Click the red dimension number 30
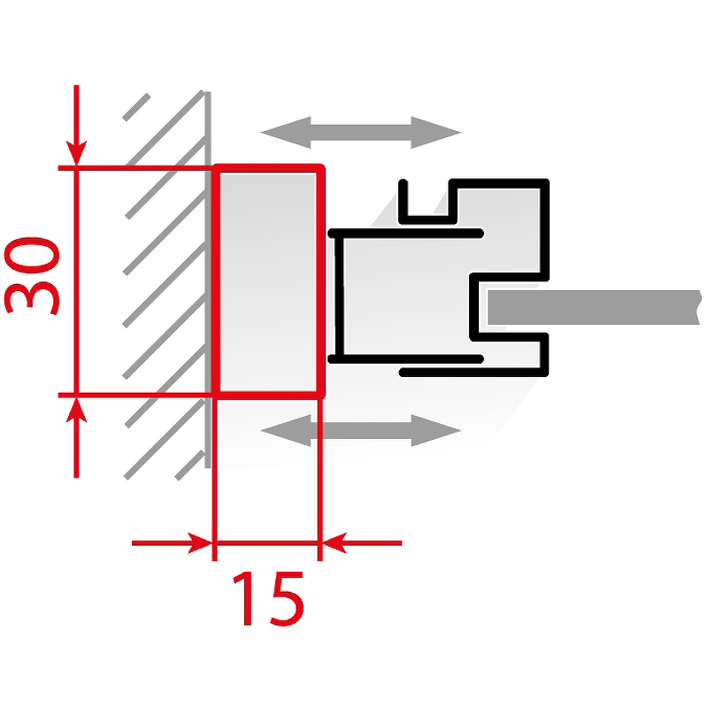click(x=32, y=276)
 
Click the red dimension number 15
click(x=268, y=598)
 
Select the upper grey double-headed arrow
click(x=361, y=132)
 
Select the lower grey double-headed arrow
click(x=361, y=430)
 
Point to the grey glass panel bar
click(x=594, y=307)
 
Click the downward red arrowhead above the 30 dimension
click(x=76, y=153)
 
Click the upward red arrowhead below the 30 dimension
click(x=76, y=409)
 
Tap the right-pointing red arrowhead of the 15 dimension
click(x=200, y=543)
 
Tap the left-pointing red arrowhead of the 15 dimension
click(x=335, y=543)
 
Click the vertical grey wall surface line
click(x=208, y=280)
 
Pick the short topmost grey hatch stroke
click(x=136, y=107)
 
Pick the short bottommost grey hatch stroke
click(x=189, y=466)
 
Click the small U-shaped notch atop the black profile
click(x=427, y=219)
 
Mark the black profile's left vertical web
click(x=339, y=296)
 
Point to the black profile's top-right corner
click(x=545, y=182)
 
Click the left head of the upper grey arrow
click(x=286, y=132)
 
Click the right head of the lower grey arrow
click(x=435, y=430)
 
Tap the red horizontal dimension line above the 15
click(x=266, y=543)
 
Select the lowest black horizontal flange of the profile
click(x=473, y=373)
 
